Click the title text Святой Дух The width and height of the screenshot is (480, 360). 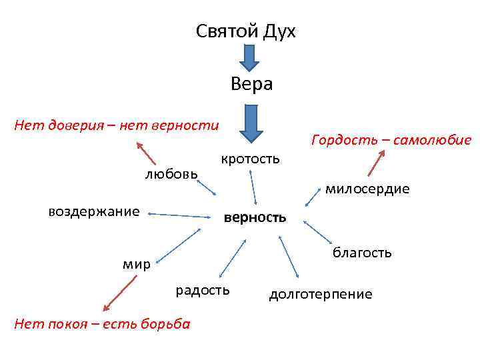point(246,31)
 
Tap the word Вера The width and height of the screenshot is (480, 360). point(251,84)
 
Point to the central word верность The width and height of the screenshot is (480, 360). point(255,217)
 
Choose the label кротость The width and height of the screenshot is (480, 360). point(251,159)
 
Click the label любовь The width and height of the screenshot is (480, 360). point(171,174)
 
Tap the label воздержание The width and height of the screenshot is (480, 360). point(94,212)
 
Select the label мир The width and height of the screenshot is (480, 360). point(137,264)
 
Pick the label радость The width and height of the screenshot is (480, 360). point(203,290)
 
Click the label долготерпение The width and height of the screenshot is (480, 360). point(321,294)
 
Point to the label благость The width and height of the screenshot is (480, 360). point(362,253)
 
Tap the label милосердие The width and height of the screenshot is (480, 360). point(367,189)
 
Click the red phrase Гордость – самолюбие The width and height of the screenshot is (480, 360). point(391,140)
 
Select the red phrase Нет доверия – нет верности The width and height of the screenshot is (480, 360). point(117,125)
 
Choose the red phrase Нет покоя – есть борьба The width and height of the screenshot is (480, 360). point(96,324)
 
